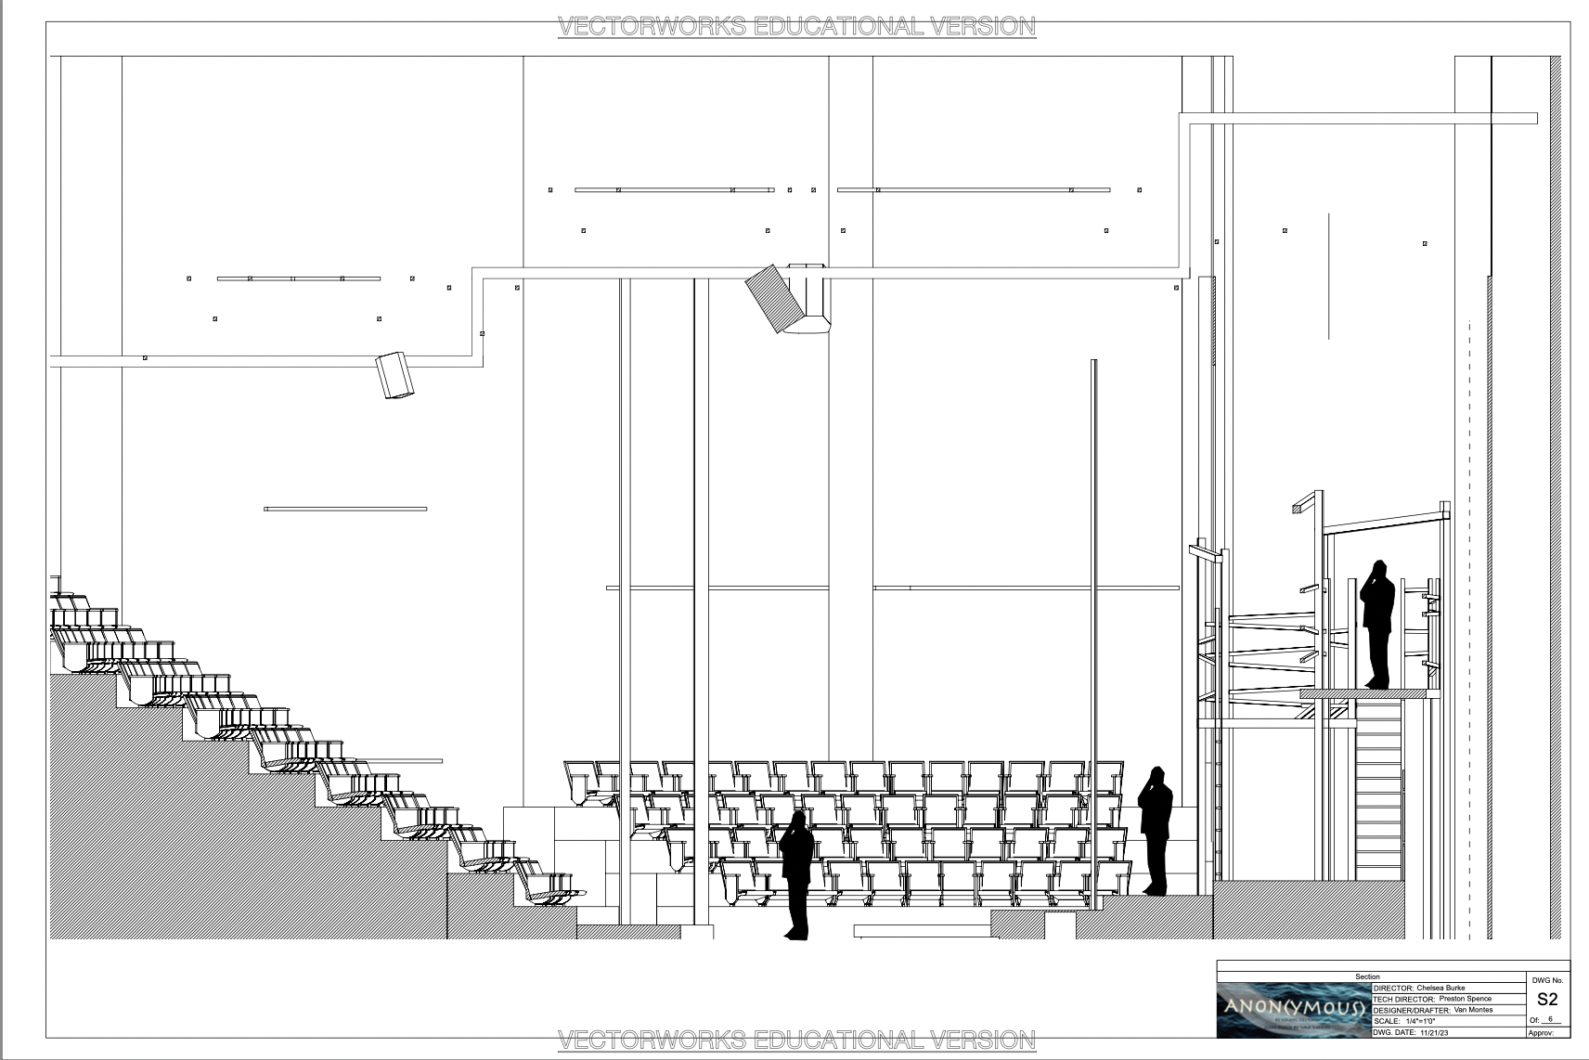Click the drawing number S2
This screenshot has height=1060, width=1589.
[x=1546, y=1000]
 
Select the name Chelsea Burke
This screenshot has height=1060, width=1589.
[x=1440, y=989]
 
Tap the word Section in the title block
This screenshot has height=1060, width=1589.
[x=1367, y=977]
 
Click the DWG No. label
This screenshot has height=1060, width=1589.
[x=1546, y=980]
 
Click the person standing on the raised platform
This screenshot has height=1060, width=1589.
[x=1377, y=625]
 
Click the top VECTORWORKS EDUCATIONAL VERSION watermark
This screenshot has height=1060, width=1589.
[x=795, y=26]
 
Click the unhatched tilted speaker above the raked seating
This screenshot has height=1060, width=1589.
[x=395, y=375]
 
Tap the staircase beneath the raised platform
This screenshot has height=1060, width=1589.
[x=1378, y=789]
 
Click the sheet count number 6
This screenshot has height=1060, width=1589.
[x=1550, y=1019]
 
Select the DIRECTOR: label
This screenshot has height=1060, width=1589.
[x=1392, y=989]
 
